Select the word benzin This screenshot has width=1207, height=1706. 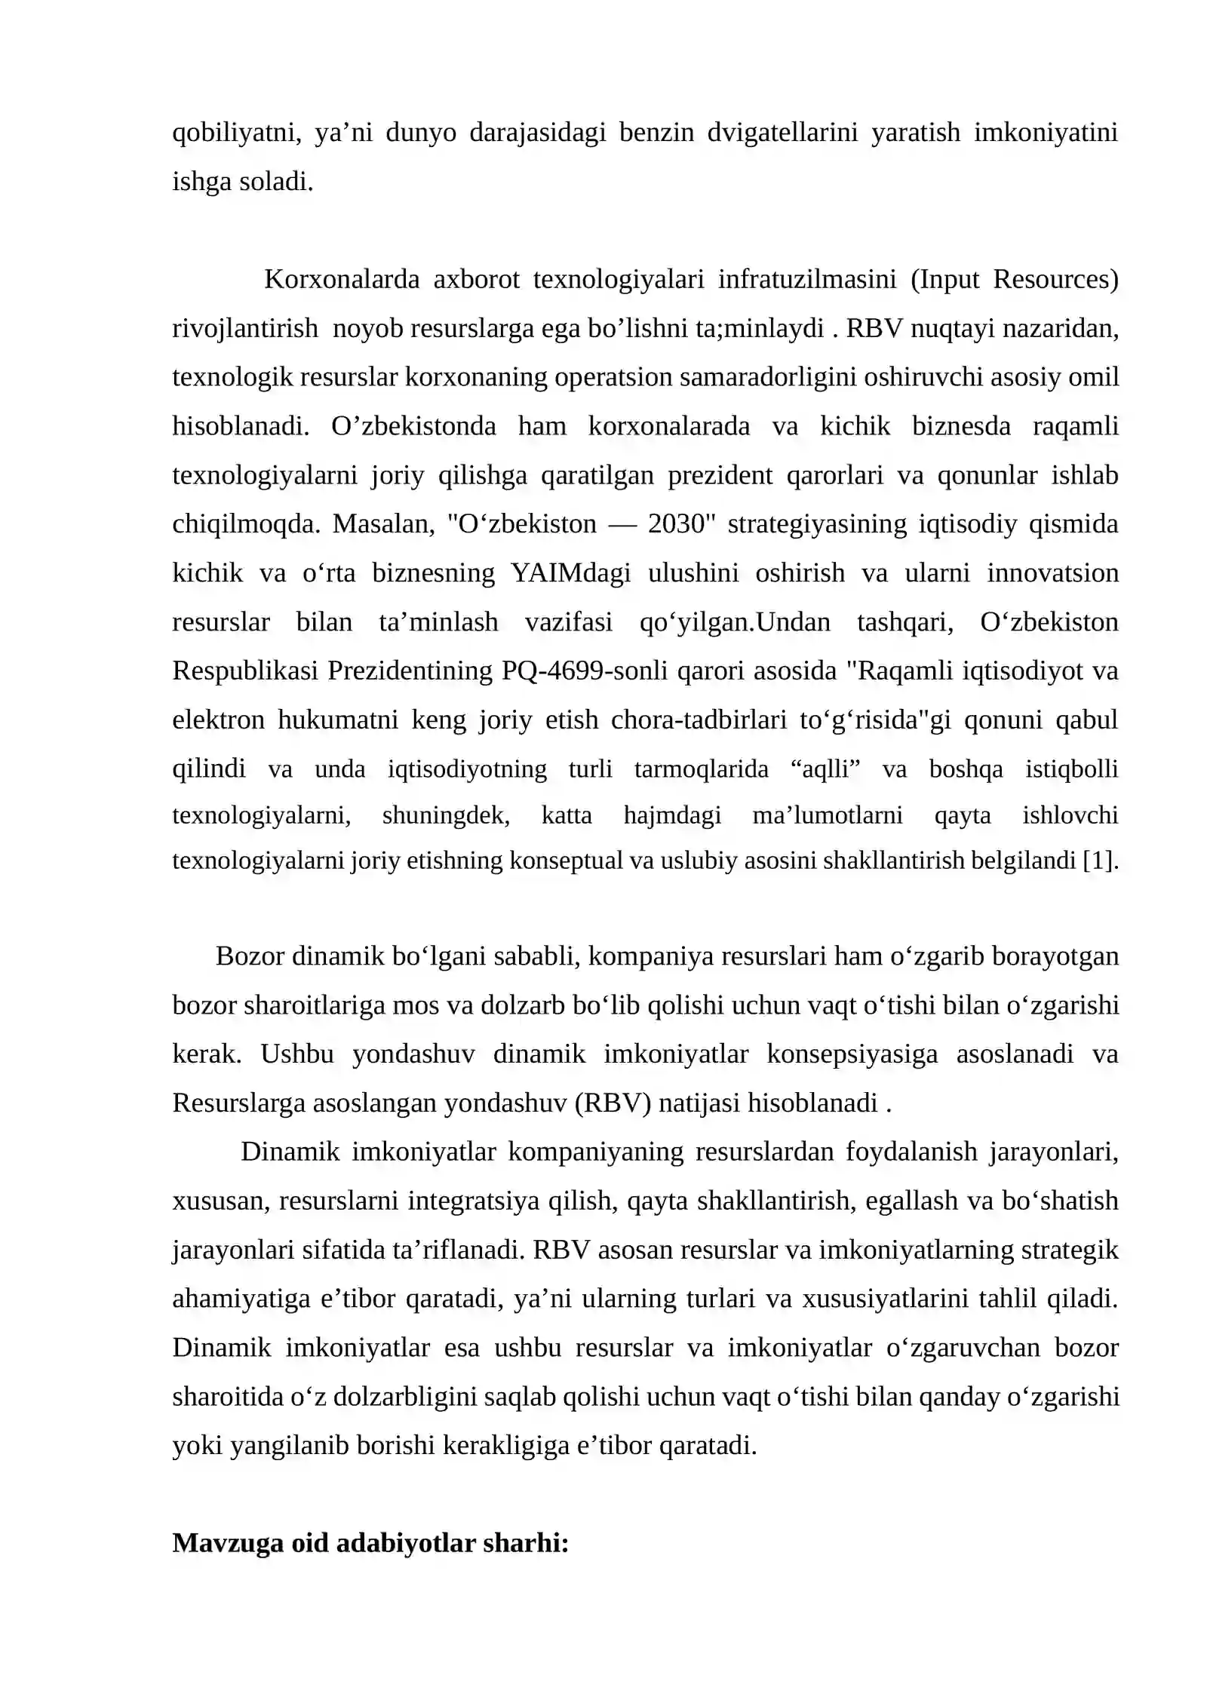click(x=656, y=133)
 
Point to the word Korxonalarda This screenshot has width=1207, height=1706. click(x=342, y=280)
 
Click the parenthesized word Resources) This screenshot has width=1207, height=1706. click(x=1055, y=280)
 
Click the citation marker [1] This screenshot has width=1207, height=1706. click(x=1100, y=861)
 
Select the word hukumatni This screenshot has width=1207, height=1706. click(x=338, y=720)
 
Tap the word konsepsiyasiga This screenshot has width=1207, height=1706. click(x=852, y=1054)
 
